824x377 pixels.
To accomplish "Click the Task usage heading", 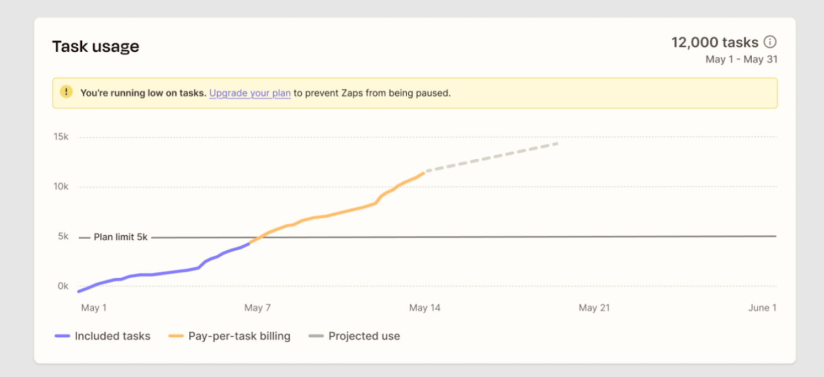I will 95,47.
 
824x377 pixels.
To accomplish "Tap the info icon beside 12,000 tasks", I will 770,42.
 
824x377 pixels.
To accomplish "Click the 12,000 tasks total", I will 715,42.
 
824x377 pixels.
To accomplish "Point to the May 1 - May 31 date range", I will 741,60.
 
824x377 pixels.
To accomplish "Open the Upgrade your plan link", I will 250,93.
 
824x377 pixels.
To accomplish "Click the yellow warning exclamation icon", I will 66,92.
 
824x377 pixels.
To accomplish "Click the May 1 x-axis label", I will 94,308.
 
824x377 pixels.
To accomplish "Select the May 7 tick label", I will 257,308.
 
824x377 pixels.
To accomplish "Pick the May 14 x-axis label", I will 425,308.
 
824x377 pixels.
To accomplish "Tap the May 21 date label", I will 594,308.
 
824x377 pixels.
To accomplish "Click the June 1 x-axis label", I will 762,308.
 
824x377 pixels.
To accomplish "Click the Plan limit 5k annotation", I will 120,238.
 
